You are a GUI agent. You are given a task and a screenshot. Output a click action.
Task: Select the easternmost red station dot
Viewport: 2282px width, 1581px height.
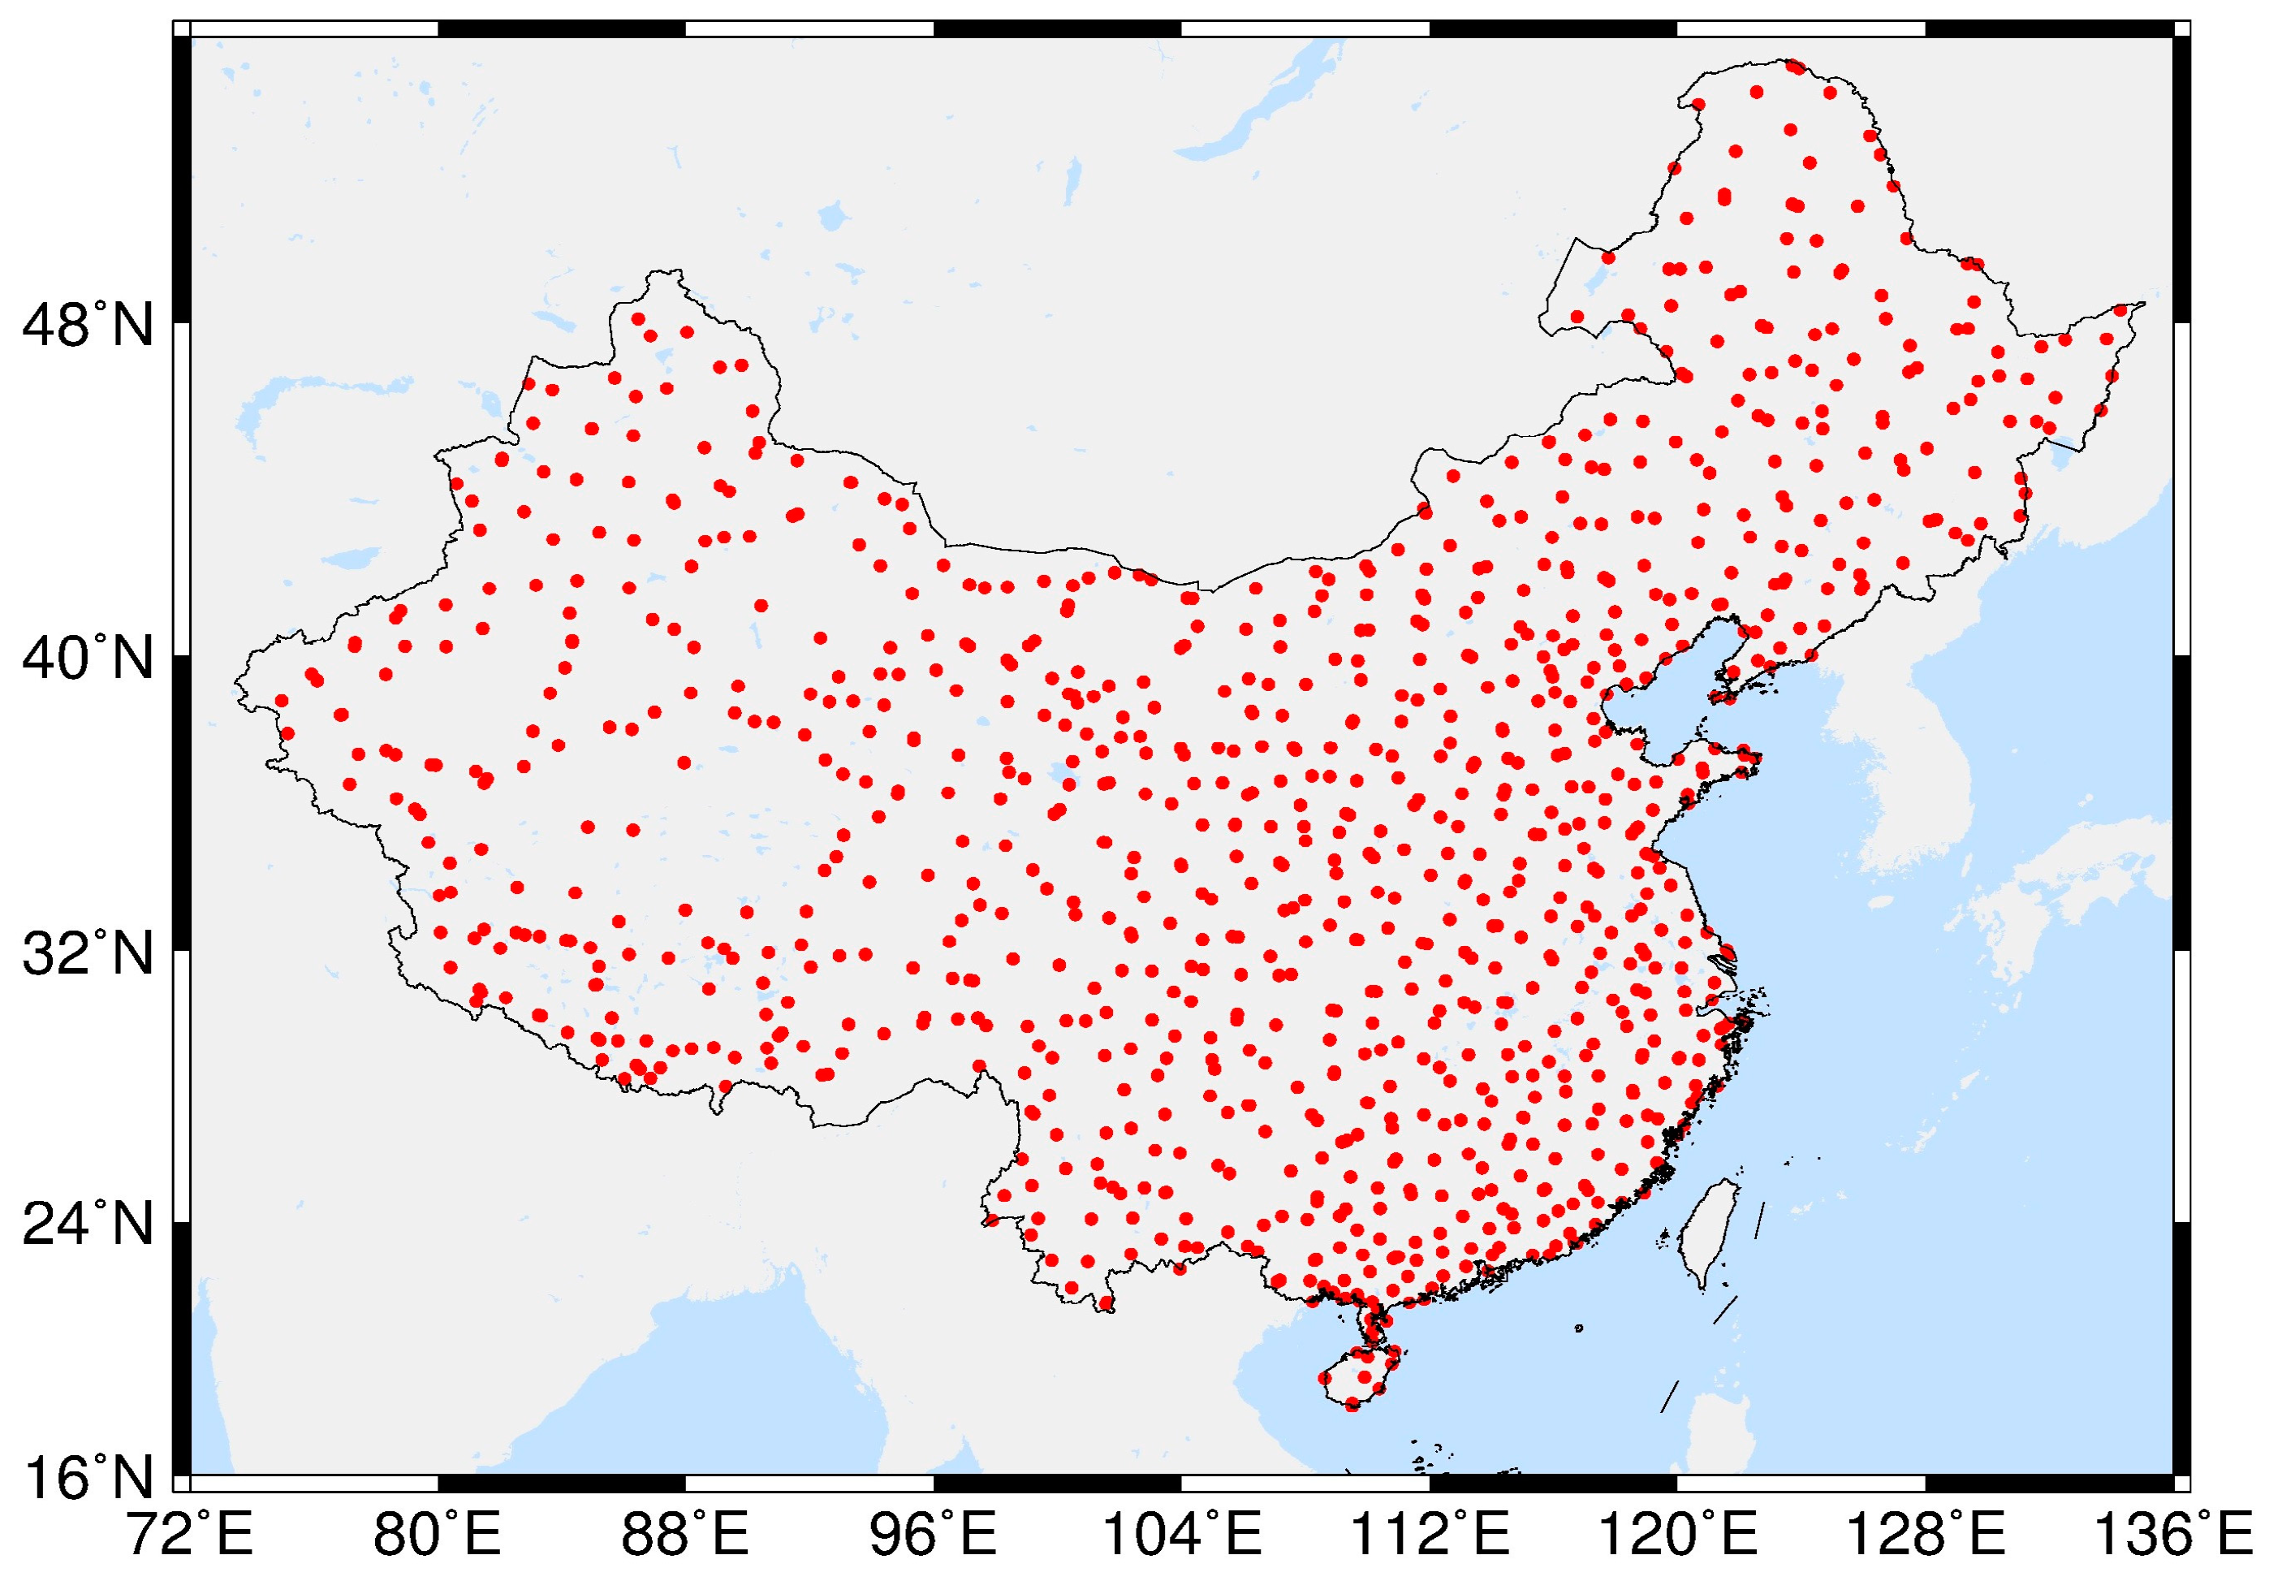tap(2120, 310)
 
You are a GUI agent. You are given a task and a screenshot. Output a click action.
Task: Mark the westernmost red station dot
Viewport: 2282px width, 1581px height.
tap(281, 700)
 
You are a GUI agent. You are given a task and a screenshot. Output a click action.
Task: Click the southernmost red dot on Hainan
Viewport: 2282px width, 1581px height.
tap(1352, 1405)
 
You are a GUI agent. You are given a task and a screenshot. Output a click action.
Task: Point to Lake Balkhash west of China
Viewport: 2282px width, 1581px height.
tap(297, 396)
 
